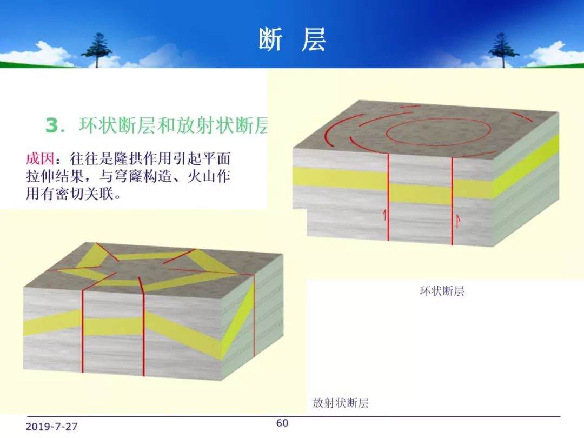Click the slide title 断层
(293, 39)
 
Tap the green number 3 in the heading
(52, 125)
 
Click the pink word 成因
(40, 158)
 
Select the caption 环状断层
(442, 291)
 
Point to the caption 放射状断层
(341, 403)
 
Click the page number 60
(282, 423)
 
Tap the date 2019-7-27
(51, 427)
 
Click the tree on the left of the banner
(97, 50)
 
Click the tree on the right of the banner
(503, 50)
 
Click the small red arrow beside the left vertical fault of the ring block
(385, 215)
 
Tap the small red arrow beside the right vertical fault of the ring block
(458, 221)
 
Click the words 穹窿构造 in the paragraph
(151, 176)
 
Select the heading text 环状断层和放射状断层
(174, 125)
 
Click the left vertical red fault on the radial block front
(82, 331)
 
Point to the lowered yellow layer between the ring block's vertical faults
(420, 194)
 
